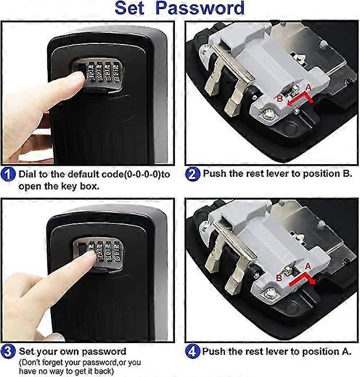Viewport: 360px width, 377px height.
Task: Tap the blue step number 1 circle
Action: pos(8,174)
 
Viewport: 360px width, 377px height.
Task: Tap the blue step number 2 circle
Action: pos(192,173)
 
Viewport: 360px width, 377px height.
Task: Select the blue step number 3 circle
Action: pos(8,351)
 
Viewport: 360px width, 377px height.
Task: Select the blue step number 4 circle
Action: pos(192,351)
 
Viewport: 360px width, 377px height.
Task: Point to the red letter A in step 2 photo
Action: pos(308,87)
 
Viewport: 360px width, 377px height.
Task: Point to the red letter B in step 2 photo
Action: pos(279,98)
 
